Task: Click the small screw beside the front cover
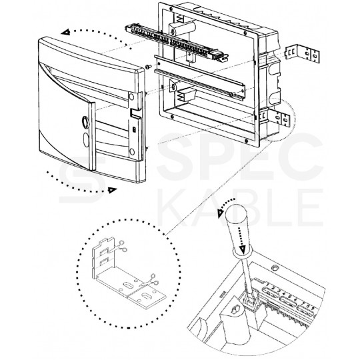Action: tap(146, 67)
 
